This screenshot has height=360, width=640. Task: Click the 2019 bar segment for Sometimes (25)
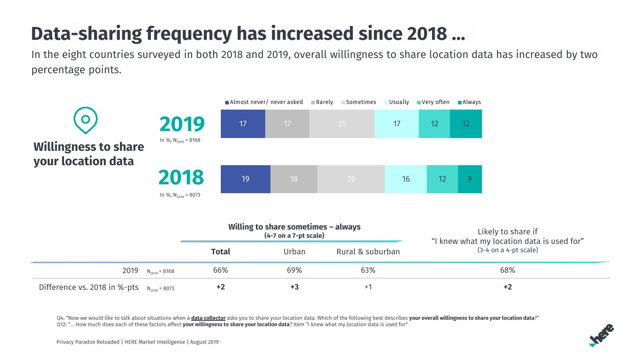pos(342,124)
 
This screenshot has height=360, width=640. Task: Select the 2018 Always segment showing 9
pos(470,179)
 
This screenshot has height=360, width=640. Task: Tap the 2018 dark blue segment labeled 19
pos(245,179)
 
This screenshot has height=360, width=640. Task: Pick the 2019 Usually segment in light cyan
pos(396,124)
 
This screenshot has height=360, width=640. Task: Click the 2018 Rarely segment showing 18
pos(294,179)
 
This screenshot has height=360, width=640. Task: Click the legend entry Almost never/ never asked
pos(264,102)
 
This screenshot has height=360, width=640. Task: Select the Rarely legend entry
pos(322,102)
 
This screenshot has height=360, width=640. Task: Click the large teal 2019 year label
pos(182,124)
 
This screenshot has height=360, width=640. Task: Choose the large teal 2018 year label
pos(181,177)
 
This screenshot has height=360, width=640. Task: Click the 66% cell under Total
pos(220,270)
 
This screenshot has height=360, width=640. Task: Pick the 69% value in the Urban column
pos(294,270)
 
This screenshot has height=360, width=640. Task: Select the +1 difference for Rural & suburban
pos(368,287)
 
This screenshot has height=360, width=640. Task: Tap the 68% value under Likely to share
pos(508,270)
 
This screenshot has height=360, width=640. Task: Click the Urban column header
pos(294,252)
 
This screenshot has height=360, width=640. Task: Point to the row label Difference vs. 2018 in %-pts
pos(89,287)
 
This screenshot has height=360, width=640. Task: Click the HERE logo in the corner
pos(602,335)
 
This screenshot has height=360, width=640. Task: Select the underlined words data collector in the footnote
pos(208,318)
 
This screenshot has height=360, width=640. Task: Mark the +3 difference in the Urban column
pos(294,287)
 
